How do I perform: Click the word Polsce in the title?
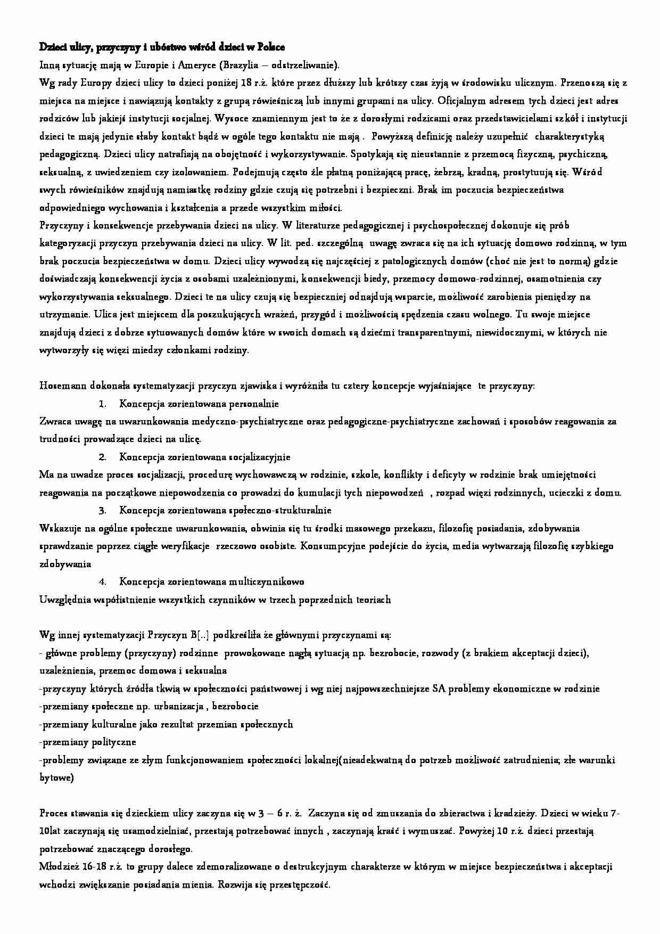coord(270,47)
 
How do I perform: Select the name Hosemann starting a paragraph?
coord(60,386)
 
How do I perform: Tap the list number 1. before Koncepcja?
coord(103,404)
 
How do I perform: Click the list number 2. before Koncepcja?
coord(103,457)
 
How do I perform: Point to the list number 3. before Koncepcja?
coord(103,511)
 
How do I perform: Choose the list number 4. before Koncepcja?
coord(103,582)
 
